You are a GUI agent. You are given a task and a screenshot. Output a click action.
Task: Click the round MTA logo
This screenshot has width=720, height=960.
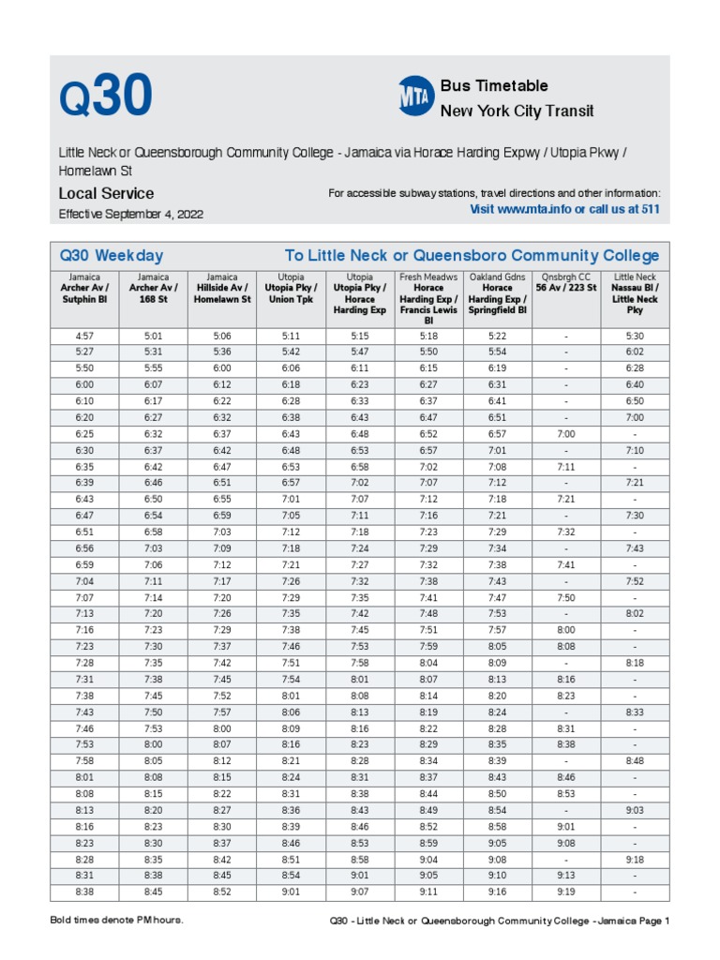(415, 97)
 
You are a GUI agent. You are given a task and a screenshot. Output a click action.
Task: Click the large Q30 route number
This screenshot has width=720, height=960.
(105, 97)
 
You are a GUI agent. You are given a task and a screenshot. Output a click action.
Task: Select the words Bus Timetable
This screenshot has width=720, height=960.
(494, 86)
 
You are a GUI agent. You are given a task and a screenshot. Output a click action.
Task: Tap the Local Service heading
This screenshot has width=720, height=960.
(106, 194)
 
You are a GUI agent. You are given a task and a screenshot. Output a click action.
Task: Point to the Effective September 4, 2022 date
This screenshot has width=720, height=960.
(130, 215)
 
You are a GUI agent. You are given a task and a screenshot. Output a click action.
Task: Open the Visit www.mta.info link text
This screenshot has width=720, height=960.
(564, 209)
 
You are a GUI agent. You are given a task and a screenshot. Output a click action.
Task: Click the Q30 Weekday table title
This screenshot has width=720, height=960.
(112, 256)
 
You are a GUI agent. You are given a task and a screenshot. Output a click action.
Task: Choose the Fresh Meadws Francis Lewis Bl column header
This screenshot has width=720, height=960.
(428, 299)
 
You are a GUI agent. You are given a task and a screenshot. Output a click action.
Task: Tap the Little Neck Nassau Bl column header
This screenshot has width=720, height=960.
(635, 293)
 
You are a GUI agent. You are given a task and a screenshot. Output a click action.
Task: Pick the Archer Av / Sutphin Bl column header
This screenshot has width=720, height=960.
(84, 289)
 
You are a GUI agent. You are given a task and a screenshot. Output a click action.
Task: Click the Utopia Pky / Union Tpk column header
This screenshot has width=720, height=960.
(291, 289)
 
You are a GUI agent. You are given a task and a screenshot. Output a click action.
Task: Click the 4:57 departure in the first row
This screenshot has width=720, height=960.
(84, 336)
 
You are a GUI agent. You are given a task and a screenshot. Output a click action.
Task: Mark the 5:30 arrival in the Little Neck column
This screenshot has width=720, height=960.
(635, 336)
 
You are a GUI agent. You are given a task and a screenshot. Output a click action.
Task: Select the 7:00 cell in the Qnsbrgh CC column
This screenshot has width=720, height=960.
(565, 434)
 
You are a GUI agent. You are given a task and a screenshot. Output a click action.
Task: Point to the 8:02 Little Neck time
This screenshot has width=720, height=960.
(635, 614)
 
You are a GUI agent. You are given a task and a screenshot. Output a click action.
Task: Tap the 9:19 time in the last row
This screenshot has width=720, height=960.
(565, 892)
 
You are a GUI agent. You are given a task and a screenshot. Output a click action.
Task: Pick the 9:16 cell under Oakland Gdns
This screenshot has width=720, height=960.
(497, 892)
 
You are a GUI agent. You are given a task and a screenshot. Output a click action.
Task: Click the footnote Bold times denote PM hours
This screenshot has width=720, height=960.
(116, 921)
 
